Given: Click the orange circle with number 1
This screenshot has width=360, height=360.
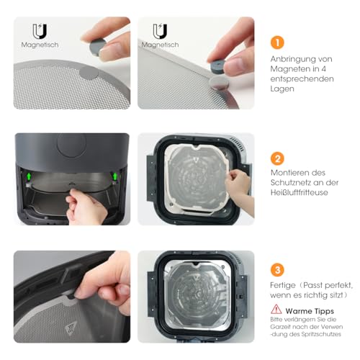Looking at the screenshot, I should tap(278, 42).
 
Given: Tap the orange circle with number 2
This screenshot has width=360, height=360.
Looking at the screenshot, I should tap(278, 158).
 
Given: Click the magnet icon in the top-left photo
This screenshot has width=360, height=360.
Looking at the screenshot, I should tap(40, 32).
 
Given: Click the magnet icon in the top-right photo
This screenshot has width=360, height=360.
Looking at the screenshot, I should tap(160, 32).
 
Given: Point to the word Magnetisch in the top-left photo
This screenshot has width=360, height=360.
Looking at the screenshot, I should tap(40, 45).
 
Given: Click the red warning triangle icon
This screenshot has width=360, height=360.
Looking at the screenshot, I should tap(276, 311).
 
